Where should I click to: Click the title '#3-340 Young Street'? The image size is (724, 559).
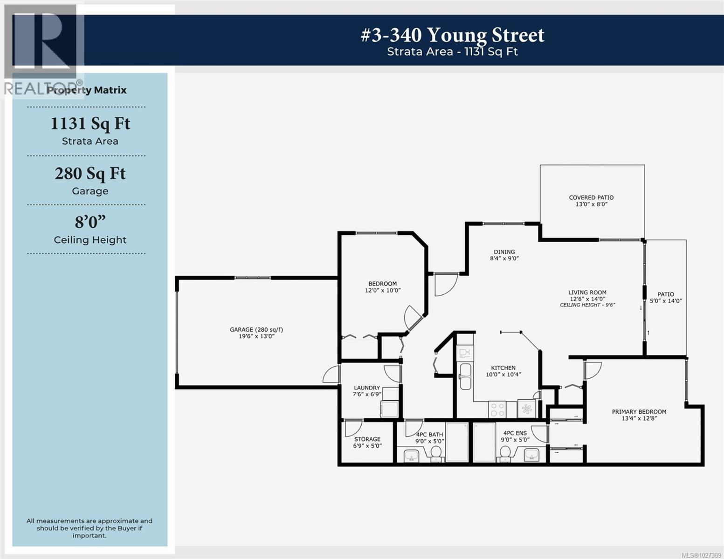[452, 35]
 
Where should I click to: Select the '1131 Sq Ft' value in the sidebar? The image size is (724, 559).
[90, 124]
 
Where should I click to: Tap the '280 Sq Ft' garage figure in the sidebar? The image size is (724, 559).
[90, 173]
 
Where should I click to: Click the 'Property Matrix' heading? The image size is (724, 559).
[87, 90]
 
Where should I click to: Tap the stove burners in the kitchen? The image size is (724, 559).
[497, 409]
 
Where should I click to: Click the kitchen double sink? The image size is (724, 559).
[465, 376]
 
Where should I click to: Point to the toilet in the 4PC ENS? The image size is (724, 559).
[504, 453]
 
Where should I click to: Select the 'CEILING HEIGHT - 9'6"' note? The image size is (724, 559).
[587, 305]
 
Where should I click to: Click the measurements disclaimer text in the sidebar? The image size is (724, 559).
[90, 528]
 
